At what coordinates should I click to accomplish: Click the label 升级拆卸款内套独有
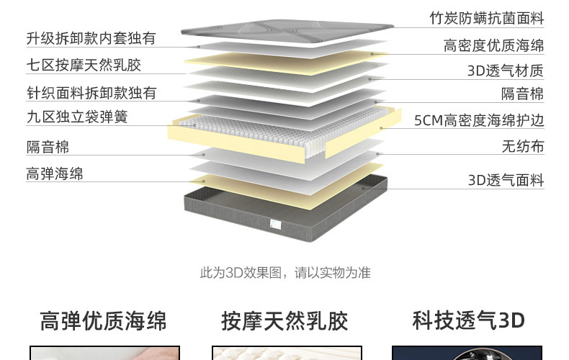91,38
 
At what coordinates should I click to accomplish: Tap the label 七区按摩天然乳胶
84,65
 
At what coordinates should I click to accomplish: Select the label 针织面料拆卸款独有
91,92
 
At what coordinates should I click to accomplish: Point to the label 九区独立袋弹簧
77,117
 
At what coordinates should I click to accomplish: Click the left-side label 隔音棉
48,147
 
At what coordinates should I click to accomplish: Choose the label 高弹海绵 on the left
55,174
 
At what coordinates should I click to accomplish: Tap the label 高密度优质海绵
493,46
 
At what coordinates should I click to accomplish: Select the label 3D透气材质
506,71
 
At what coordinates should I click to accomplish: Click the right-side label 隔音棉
522,94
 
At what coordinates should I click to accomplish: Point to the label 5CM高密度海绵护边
479,120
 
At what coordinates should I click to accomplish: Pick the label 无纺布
522,147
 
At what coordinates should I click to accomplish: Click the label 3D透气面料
506,180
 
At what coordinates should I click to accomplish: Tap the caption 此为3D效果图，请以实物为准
284,273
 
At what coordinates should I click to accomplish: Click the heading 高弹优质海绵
103,321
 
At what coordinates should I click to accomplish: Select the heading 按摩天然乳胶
284,321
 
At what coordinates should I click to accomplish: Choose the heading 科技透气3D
468,320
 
